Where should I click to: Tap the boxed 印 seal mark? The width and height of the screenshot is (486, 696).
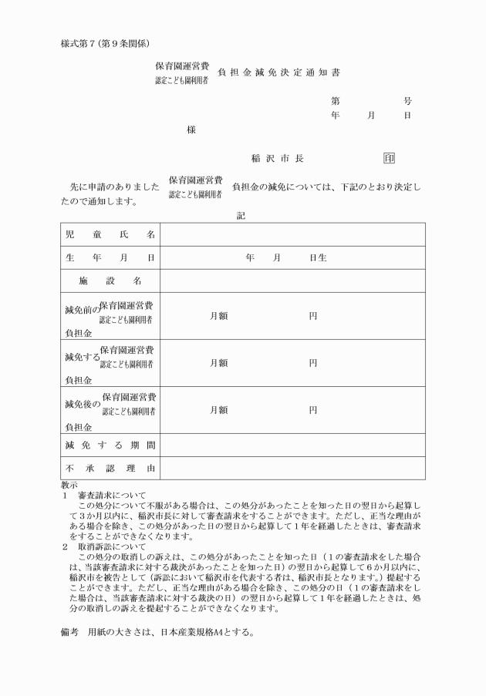[390, 159]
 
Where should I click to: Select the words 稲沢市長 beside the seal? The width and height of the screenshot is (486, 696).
[277, 159]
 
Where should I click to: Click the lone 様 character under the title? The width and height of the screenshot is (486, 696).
[191, 130]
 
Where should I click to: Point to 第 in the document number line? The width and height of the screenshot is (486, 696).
[336, 101]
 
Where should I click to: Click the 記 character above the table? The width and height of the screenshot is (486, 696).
[241, 216]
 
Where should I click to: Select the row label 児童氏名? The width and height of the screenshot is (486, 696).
[110, 234]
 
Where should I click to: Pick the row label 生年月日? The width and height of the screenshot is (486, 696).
[110, 257]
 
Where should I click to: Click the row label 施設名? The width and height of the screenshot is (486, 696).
[110, 281]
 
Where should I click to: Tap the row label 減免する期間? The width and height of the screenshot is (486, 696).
[110, 445]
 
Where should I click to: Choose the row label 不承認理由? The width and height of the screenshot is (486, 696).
[110, 468]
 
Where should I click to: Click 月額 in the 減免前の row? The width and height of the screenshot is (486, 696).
[218, 316]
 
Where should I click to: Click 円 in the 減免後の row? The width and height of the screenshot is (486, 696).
[313, 410]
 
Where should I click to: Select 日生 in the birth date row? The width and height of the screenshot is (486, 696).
[318, 257]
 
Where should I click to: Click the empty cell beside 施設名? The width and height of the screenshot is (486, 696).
[292, 281]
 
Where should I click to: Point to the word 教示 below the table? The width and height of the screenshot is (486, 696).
[69, 485]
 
